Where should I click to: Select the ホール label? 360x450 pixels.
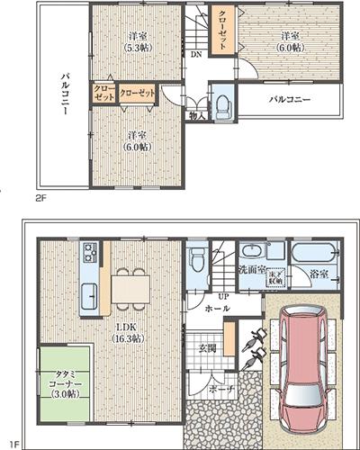coord(216,308)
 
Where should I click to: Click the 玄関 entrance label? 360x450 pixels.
coord(207,346)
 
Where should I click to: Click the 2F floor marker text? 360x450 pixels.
coord(40,195)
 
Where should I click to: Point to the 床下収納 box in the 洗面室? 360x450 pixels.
coord(277,279)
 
